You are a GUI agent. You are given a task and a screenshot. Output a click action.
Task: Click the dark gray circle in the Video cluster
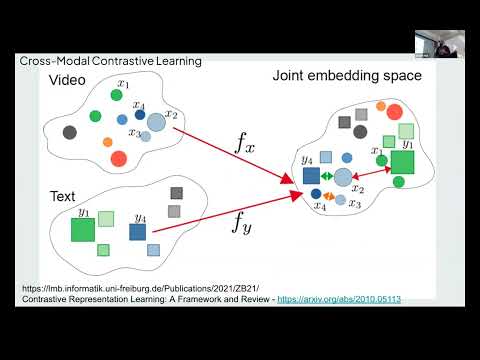(69, 132)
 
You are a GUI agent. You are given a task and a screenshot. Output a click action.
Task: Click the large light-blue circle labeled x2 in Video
(156, 123)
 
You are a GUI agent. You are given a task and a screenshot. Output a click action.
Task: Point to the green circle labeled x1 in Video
(118, 97)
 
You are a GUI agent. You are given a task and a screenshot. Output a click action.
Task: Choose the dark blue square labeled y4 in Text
(137, 232)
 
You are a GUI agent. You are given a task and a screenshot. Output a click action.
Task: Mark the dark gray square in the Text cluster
(177, 193)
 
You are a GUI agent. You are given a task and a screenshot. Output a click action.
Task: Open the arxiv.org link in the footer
(339, 298)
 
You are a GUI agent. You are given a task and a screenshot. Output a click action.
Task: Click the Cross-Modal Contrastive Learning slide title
(110, 61)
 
